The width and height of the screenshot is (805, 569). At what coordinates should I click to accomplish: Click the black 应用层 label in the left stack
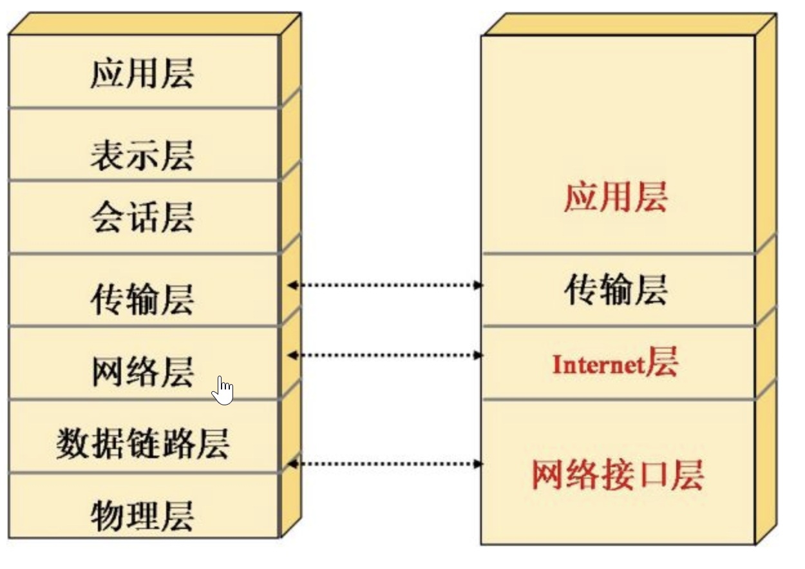tap(142, 73)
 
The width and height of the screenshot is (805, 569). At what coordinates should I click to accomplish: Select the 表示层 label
tap(142, 155)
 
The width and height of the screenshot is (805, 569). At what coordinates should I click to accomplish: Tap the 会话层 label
tap(142, 217)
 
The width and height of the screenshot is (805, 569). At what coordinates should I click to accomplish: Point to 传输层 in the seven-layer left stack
tap(142, 299)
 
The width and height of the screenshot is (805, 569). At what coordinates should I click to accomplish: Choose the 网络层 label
tap(142, 372)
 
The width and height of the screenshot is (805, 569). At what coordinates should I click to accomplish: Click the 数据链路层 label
tap(142, 443)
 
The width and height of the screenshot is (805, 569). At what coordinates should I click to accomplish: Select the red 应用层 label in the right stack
tap(615, 197)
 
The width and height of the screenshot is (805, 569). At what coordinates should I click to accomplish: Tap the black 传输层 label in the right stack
tap(615, 289)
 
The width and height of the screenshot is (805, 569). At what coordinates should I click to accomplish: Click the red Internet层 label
tap(615, 363)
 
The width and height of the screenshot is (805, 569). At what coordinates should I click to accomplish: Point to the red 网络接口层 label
tap(617, 475)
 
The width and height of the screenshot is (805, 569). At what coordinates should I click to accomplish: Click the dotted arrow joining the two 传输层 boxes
tap(384, 285)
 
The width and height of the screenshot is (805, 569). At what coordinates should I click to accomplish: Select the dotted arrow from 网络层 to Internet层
tap(384, 354)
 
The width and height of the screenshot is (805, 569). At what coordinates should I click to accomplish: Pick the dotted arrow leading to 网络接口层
tap(384, 463)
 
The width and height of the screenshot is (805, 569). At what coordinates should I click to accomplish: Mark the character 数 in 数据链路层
tap(72, 443)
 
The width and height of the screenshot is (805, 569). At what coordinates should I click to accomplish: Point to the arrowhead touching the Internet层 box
tap(478, 354)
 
